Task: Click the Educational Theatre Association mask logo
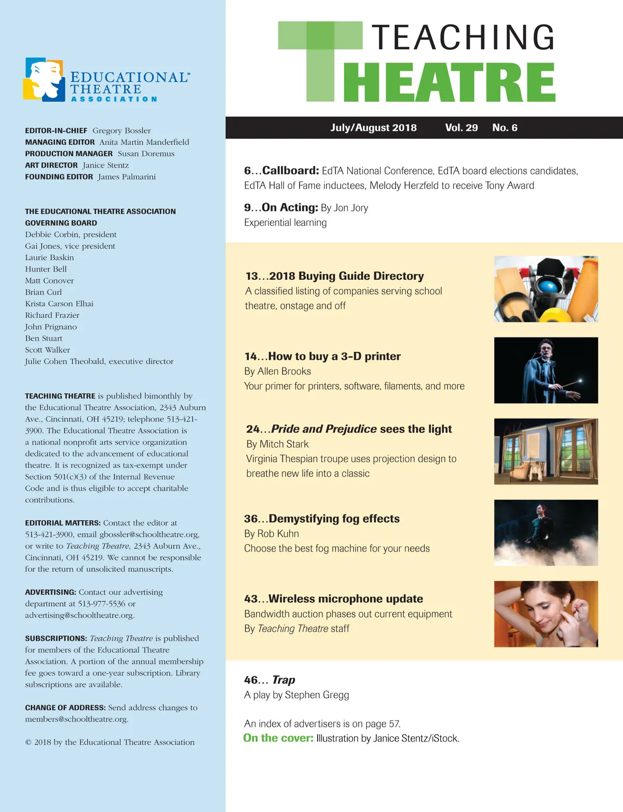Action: click(x=43, y=79)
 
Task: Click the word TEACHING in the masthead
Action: click(x=463, y=37)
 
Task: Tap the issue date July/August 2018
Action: click(x=373, y=128)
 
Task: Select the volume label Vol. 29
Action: click(x=461, y=128)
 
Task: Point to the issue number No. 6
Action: click(x=505, y=128)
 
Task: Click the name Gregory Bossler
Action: click(x=121, y=131)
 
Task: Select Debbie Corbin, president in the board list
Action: click(x=71, y=235)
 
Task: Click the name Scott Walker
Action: click(x=47, y=350)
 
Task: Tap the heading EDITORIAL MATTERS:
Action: click(x=63, y=523)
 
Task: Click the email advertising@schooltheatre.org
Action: click(x=79, y=615)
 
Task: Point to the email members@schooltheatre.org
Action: click(x=76, y=719)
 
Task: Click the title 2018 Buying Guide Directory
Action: click(x=346, y=276)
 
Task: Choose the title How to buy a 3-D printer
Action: click(x=334, y=357)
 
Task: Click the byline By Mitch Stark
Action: click(x=277, y=444)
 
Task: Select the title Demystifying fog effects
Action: click(x=334, y=519)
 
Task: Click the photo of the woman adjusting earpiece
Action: click(x=546, y=614)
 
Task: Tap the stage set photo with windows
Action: click(x=546, y=451)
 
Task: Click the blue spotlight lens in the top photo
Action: click(x=547, y=287)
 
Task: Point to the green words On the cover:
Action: click(x=278, y=738)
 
